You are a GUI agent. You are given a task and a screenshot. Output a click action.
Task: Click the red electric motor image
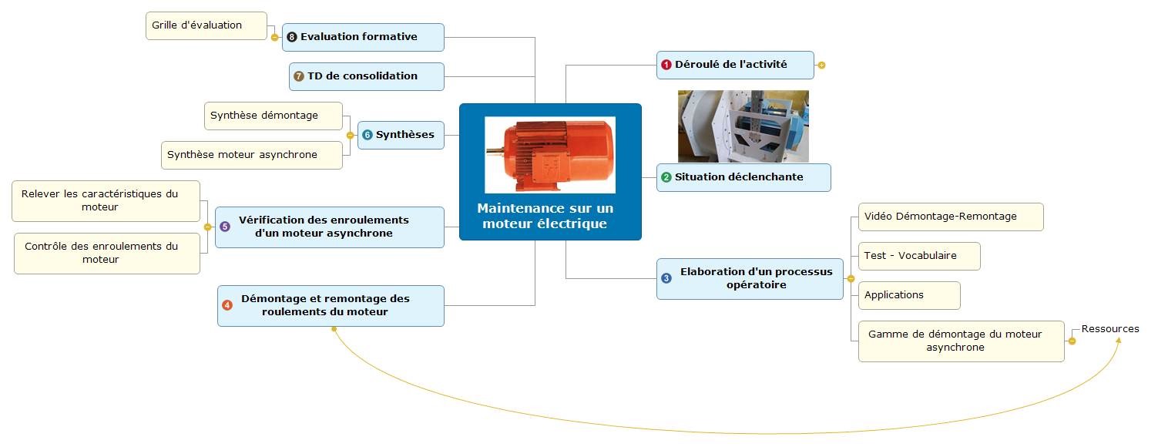pyautogui.click(x=549, y=155)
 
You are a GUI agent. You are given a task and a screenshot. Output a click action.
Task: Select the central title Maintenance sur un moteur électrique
pyautogui.click(x=545, y=217)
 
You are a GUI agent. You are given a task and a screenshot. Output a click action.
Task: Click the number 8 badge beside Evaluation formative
pyautogui.click(x=291, y=37)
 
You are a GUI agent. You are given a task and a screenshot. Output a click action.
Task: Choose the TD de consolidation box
pyautogui.click(x=367, y=76)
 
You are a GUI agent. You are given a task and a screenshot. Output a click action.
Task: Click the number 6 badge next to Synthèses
pyautogui.click(x=368, y=135)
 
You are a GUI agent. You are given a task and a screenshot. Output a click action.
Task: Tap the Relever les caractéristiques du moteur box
pyautogui.click(x=106, y=200)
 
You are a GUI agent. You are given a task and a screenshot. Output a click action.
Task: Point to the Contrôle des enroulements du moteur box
pyautogui.click(x=106, y=253)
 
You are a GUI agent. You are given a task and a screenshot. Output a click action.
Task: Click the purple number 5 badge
pyautogui.click(x=225, y=227)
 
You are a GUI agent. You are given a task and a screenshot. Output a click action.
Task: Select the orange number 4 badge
pyautogui.click(x=227, y=305)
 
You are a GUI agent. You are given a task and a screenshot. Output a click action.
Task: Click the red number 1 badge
pyautogui.click(x=666, y=66)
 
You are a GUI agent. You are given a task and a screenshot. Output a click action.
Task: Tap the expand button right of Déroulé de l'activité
pyautogui.click(x=821, y=66)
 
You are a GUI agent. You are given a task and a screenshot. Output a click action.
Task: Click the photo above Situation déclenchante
pyautogui.click(x=743, y=126)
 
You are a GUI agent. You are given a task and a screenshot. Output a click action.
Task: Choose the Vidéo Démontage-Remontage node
pyautogui.click(x=950, y=217)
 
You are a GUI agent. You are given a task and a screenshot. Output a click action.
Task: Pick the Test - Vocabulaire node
pyautogui.click(x=918, y=256)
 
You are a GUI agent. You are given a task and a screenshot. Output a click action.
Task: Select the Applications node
pyautogui.click(x=908, y=295)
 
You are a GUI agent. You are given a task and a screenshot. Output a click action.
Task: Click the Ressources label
pyautogui.click(x=1109, y=329)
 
